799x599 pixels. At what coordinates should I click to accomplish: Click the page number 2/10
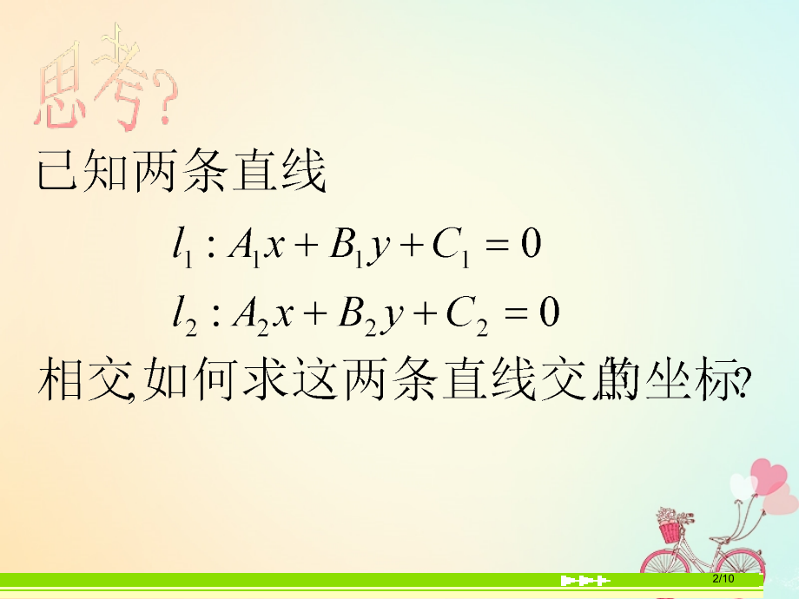(723, 579)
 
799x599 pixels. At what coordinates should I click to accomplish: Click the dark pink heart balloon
(769, 476)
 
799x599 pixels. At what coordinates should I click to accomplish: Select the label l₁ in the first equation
(181, 246)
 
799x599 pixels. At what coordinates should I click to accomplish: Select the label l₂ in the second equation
(182, 313)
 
